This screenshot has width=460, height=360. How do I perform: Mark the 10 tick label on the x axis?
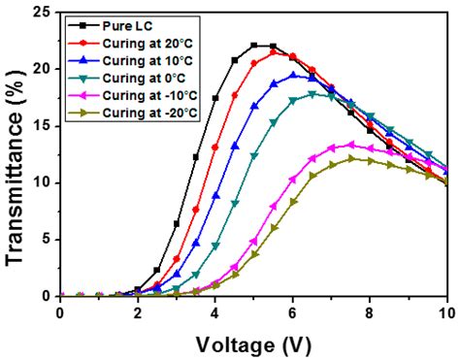click(446, 312)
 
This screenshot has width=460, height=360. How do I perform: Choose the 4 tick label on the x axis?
click(215, 312)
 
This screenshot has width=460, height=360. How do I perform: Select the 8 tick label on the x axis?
click(370, 312)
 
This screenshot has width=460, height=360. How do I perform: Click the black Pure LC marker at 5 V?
click(254, 46)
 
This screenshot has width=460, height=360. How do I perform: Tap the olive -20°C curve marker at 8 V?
click(370, 160)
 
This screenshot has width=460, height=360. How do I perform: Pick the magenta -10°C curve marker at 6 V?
click(293, 179)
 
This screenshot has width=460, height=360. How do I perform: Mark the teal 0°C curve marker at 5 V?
click(254, 155)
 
